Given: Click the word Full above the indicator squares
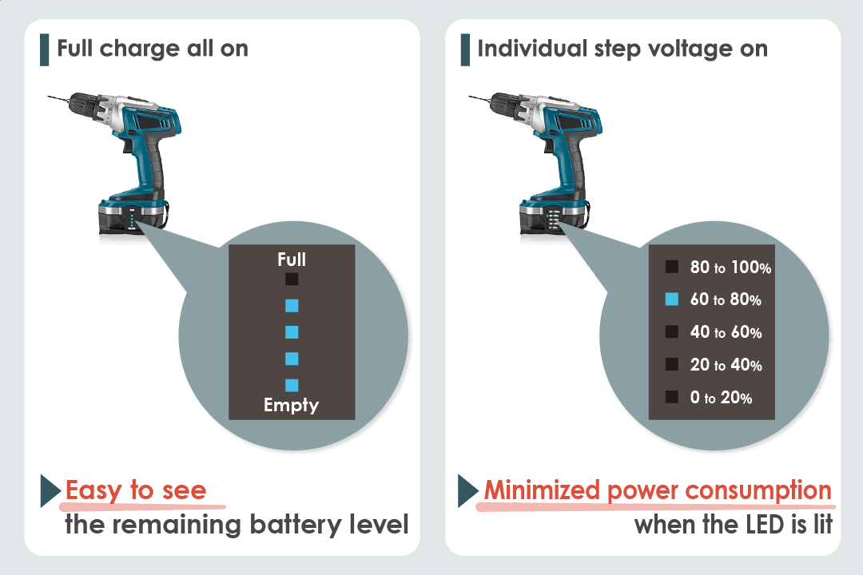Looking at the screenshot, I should click(x=292, y=260).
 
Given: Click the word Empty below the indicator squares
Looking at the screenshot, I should click(x=292, y=405).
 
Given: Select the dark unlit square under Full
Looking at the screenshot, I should click(x=292, y=279).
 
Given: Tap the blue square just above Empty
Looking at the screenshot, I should click(x=292, y=384).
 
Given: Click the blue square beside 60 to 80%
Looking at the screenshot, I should click(x=672, y=299).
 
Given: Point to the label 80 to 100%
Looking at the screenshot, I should click(x=730, y=268).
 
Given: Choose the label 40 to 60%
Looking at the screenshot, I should click(x=726, y=332).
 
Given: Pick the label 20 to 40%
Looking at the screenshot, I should click(x=726, y=365).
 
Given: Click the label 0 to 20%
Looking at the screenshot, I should click(x=721, y=398).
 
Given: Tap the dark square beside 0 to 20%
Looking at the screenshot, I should click(x=672, y=397).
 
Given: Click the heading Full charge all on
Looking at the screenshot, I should click(x=153, y=49).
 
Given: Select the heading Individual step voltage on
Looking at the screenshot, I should click(x=622, y=49).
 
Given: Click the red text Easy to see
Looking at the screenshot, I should click(x=136, y=490).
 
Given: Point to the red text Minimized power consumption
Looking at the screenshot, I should click(x=658, y=490).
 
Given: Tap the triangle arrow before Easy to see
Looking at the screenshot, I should click(x=50, y=491).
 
